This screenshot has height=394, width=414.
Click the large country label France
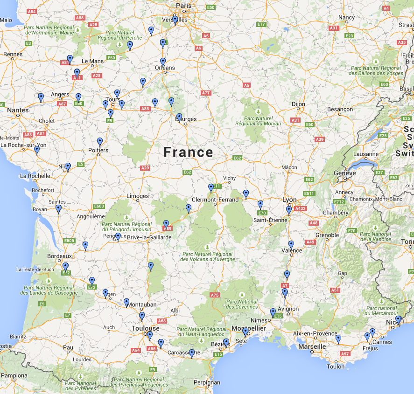click(x=188, y=152)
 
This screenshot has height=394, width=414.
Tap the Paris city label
click(x=183, y=6)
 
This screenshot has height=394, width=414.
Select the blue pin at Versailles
click(x=175, y=20)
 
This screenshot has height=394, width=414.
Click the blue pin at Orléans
click(x=163, y=62)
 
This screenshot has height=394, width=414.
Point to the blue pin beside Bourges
click(x=179, y=117)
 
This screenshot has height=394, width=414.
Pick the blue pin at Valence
click(x=291, y=244)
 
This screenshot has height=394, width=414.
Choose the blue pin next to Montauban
click(x=126, y=302)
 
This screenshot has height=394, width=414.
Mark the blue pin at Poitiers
click(x=100, y=141)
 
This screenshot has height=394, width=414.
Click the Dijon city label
click(x=298, y=104)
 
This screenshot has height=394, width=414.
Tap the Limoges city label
click(x=138, y=196)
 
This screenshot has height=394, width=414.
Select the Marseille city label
click(x=312, y=347)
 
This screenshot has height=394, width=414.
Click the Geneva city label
click(x=345, y=173)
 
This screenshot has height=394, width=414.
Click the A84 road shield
click(x=32, y=11)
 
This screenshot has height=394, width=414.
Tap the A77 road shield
click(x=206, y=93)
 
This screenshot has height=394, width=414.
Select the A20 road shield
click(x=145, y=168)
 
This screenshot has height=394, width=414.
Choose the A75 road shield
click(x=215, y=295)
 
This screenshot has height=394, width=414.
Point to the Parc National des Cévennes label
click(x=242, y=304)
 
